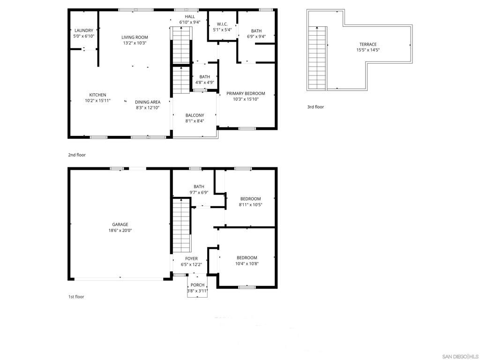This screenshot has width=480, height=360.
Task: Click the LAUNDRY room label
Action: coord(84,30)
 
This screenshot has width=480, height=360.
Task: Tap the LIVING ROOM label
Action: coord(135,37)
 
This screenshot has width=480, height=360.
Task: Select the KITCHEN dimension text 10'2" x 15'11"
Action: coord(97,101)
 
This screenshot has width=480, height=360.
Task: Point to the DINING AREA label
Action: coord(148,102)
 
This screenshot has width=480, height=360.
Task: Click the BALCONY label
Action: coord(195,115)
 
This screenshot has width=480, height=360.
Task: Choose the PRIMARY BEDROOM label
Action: coord(246,93)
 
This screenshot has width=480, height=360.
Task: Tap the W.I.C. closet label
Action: coord(222,24)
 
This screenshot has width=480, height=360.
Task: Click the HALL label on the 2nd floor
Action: coord(189,16)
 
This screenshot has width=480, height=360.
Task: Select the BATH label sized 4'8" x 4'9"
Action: coord(204,77)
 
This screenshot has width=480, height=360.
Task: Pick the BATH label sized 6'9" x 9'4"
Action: coord(256,31)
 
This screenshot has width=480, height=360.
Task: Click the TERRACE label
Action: coord(368,45)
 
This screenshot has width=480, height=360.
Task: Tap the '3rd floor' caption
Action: coord(315,107)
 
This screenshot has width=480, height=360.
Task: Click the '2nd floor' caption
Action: coord(77,155)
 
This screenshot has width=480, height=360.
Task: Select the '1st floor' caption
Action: coord(76,297)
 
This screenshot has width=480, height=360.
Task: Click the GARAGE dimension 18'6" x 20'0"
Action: coord(120,231)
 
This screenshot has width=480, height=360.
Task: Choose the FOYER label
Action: coord(191,259)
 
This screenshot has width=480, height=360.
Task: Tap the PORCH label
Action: coord(197,285)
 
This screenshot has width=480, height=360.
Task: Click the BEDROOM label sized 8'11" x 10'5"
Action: coord(251,199)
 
